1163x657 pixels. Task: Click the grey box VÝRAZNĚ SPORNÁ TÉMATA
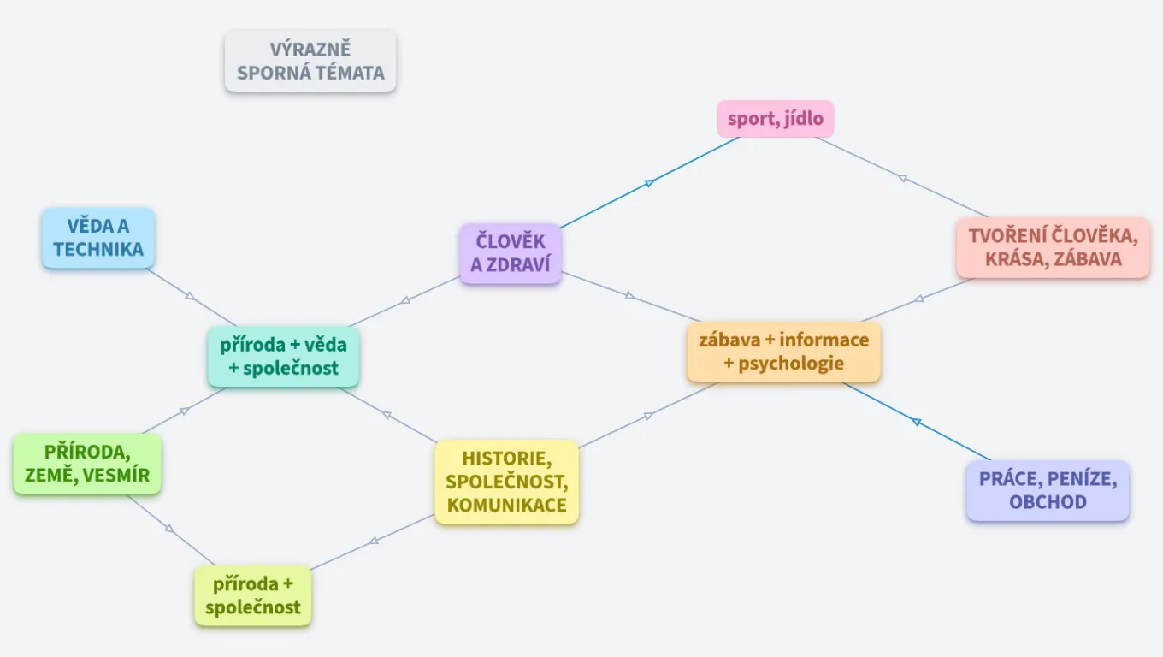pos(310,62)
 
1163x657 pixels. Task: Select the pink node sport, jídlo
pos(775,119)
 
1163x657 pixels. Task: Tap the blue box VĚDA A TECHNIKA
pos(98,238)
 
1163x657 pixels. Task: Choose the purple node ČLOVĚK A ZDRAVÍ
pos(510,253)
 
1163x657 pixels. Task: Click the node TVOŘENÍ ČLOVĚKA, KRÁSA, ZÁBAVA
pos(1053,247)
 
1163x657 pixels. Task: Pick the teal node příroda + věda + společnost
pos(284,357)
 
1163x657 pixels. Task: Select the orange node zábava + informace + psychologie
pos(783,352)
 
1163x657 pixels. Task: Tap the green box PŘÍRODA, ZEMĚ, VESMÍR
pos(87,464)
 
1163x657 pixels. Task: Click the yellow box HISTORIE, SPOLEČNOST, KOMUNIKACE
pos(506,481)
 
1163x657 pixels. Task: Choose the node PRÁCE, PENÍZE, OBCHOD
pos(1048,490)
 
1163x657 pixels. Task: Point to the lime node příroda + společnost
pos(253,595)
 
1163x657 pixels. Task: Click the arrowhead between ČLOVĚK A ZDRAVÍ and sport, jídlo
pos(650,182)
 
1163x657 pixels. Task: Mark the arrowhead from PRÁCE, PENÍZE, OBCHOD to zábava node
pos(916,422)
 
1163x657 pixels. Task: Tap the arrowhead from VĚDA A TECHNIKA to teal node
pos(190,296)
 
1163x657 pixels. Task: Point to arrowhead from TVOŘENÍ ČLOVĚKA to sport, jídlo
pos(901,178)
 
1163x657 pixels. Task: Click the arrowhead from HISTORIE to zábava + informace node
pos(648,416)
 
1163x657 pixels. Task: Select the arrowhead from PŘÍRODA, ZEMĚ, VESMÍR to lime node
pos(169,528)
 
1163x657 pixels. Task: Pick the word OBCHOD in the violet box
pos(1048,502)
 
